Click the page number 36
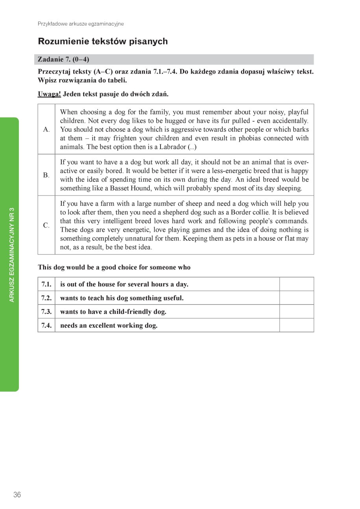click(x=17, y=495)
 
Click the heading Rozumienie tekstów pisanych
click(x=103, y=41)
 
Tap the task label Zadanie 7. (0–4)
click(x=63, y=59)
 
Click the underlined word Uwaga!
click(x=49, y=94)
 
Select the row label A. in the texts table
click(x=46, y=129)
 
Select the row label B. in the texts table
click(x=46, y=175)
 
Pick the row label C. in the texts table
click(x=46, y=225)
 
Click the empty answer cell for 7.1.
click(x=296, y=284)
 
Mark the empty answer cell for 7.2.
click(x=296, y=298)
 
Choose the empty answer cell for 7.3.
click(x=296, y=312)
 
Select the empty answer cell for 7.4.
click(x=296, y=325)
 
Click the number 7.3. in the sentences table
click(x=46, y=312)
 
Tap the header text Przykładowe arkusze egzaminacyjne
click(x=81, y=24)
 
